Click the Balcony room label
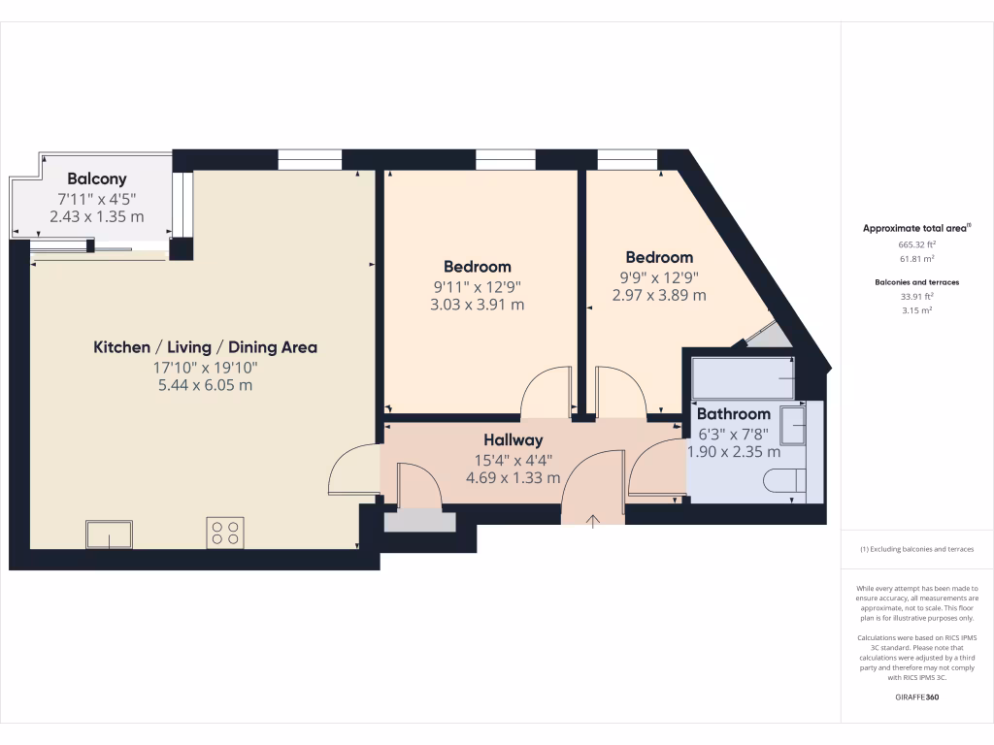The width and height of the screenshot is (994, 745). [96, 179]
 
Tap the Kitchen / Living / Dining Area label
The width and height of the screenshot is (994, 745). [205, 347]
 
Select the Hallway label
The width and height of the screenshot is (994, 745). [513, 440]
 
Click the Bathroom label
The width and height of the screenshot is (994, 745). [733, 414]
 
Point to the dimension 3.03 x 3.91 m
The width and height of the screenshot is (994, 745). [477, 305]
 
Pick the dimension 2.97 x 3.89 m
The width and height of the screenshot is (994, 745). [659, 295]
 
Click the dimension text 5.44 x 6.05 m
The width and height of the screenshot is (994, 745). [205, 385]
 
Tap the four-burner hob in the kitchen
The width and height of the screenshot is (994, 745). [225, 532]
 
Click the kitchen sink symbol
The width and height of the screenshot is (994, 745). [109, 534]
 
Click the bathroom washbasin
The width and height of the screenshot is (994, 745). [793, 425]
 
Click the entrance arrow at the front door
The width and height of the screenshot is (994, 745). [593, 521]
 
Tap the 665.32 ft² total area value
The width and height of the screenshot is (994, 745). [916, 245]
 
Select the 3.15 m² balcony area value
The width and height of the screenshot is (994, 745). [916, 310]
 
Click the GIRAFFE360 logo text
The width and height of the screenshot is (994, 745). [917, 697]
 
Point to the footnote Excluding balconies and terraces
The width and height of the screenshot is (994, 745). [916, 550]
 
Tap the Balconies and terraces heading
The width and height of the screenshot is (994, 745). [916, 281]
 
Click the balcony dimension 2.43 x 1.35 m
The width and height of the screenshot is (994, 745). [96, 216]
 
